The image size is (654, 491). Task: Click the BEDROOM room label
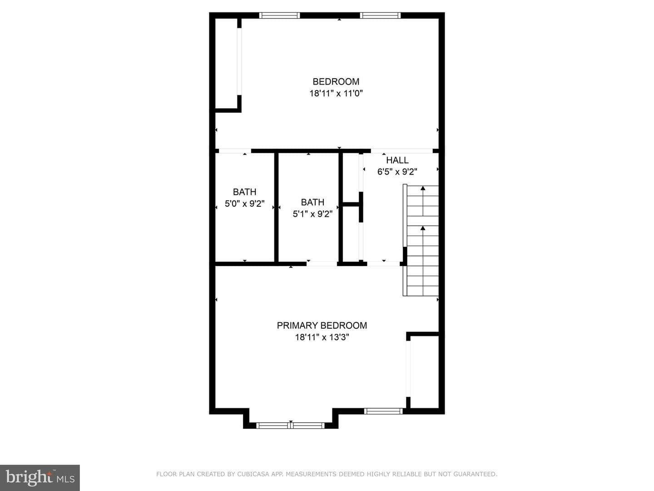coord(336,81)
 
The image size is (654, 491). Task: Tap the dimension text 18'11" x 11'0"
coord(336,93)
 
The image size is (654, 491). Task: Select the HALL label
coord(397,160)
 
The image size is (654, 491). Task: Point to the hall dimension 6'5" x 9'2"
coord(397,172)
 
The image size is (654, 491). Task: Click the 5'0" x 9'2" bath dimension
coord(245,204)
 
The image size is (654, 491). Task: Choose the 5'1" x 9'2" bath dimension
coord(312,214)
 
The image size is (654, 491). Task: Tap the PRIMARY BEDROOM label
coord(322,325)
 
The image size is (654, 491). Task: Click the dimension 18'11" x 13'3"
coord(322,337)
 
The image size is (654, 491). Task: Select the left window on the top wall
coord(279,15)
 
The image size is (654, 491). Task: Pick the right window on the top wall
coord(380,15)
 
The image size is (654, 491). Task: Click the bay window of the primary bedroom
coord(291,426)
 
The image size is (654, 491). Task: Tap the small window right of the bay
coord(383,411)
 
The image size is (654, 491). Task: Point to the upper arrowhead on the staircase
coord(423,188)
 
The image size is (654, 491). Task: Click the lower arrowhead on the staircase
coord(423,228)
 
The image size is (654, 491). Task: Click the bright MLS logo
coord(40,477)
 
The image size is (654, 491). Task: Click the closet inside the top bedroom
coord(226,64)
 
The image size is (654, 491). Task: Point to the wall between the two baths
coord(276,207)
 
